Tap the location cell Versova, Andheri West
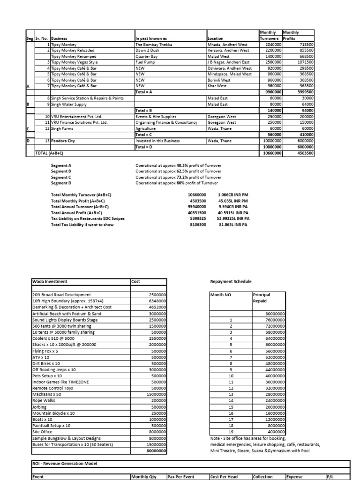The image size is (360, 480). (x=228, y=50)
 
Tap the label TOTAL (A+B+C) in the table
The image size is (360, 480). (x=49, y=153)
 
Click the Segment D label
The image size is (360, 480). (x=61, y=183)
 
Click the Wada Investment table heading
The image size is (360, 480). (x=50, y=282)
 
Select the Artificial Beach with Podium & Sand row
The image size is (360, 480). (x=67, y=313)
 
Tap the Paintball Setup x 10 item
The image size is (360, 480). (x=52, y=426)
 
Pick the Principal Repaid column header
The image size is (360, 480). (x=262, y=298)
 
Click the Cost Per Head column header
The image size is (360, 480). (x=224, y=477)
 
